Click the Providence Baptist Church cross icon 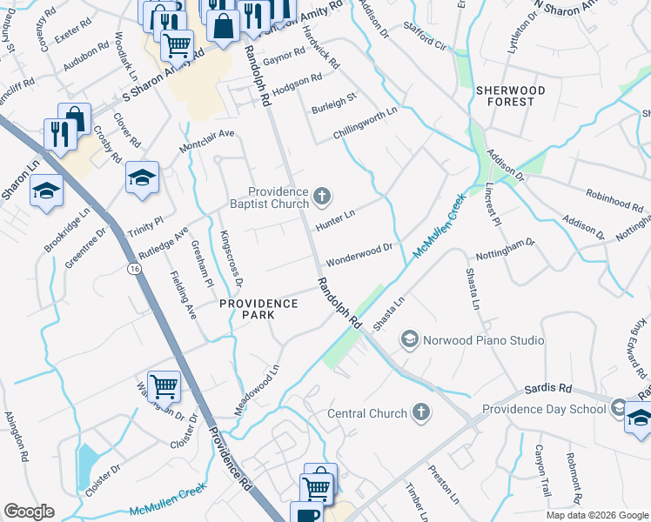(x=322, y=197)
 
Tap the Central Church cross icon (x=420, y=412)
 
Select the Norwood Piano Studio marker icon (x=409, y=340)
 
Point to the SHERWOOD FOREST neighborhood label (x=510, y=96)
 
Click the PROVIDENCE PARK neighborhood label (x=258, y=304)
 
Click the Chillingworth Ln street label (x=365, y=124)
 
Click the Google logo (x=29, y=512)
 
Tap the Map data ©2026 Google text (x=596, y=515)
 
